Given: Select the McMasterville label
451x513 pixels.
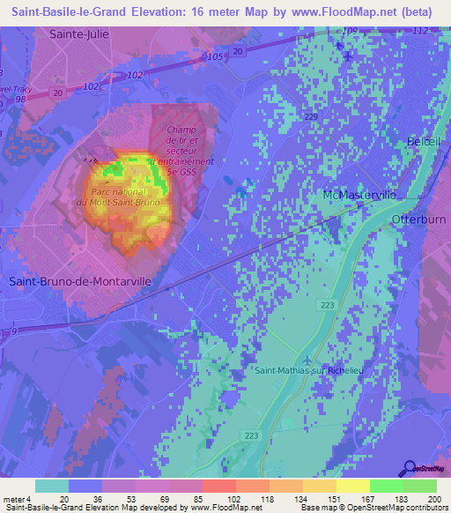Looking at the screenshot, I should coord(357,194).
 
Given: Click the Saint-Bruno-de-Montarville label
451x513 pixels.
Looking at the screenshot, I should coord(80,281).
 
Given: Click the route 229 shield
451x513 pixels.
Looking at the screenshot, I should coord(309,116).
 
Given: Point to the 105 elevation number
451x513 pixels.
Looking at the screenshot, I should coord(217,56).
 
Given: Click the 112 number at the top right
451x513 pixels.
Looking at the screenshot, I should coord(420,32).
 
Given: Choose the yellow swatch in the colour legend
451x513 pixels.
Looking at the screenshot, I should coord(353,485).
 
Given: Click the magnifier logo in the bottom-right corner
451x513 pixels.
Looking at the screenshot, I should coord(410,468).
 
